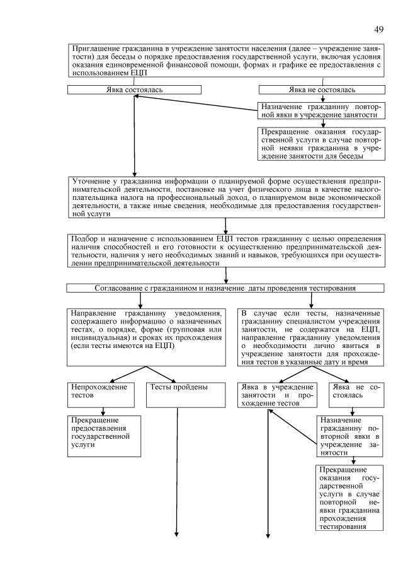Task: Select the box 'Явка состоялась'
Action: coord(134,90)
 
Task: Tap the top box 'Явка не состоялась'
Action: coord(322,90)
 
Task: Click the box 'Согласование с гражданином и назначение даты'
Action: coord(225,289)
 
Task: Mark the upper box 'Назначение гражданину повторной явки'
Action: coord(321,111)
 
